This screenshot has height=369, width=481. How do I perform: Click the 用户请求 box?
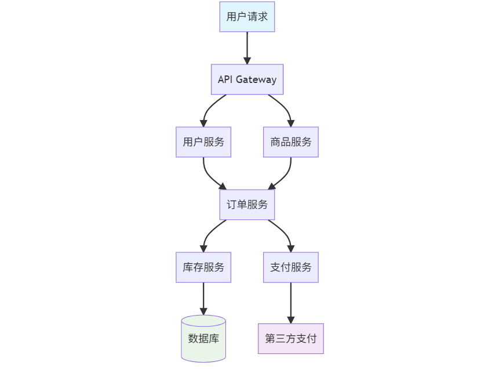[x=247, y=17]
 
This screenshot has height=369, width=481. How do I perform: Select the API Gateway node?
[x=247, y=79]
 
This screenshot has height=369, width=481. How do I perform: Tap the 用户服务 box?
[x=203, y=142]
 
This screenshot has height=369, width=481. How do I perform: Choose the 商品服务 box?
[x=291, y=142]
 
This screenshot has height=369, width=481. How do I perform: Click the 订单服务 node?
[x=247, y=205]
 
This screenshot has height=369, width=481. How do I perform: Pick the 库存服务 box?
[x=203, y=267]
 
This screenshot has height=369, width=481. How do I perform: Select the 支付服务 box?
[x=291, y=267]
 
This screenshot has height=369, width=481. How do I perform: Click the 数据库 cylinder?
[x=203, y=339]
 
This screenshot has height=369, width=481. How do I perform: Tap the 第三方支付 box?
[x=291, y=339]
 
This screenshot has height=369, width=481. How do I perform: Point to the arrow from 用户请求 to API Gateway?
[x=247, y=48]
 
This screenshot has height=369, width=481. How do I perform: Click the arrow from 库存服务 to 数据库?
[x=203, y=298]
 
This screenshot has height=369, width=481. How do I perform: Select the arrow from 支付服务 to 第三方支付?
[x=291, y=302]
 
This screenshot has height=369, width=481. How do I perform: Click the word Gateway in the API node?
[x=256, y=80]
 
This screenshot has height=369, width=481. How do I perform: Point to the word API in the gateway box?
[x=225, y=79]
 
